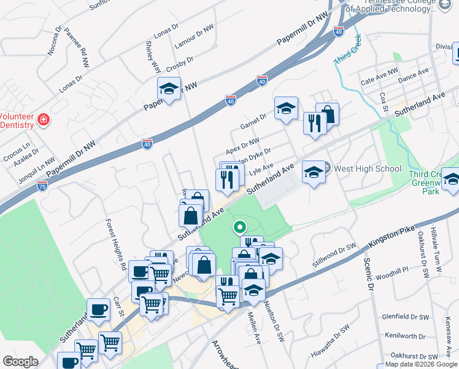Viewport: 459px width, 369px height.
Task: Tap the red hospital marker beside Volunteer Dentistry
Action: [x=43, y=120]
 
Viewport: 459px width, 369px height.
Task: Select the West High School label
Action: [x=367, y=169]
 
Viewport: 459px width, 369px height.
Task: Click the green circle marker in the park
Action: [x=239, y=228]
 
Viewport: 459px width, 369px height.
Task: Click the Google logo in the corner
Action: [x=20, y=362]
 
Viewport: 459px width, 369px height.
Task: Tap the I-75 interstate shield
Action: [x=42, y=185]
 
